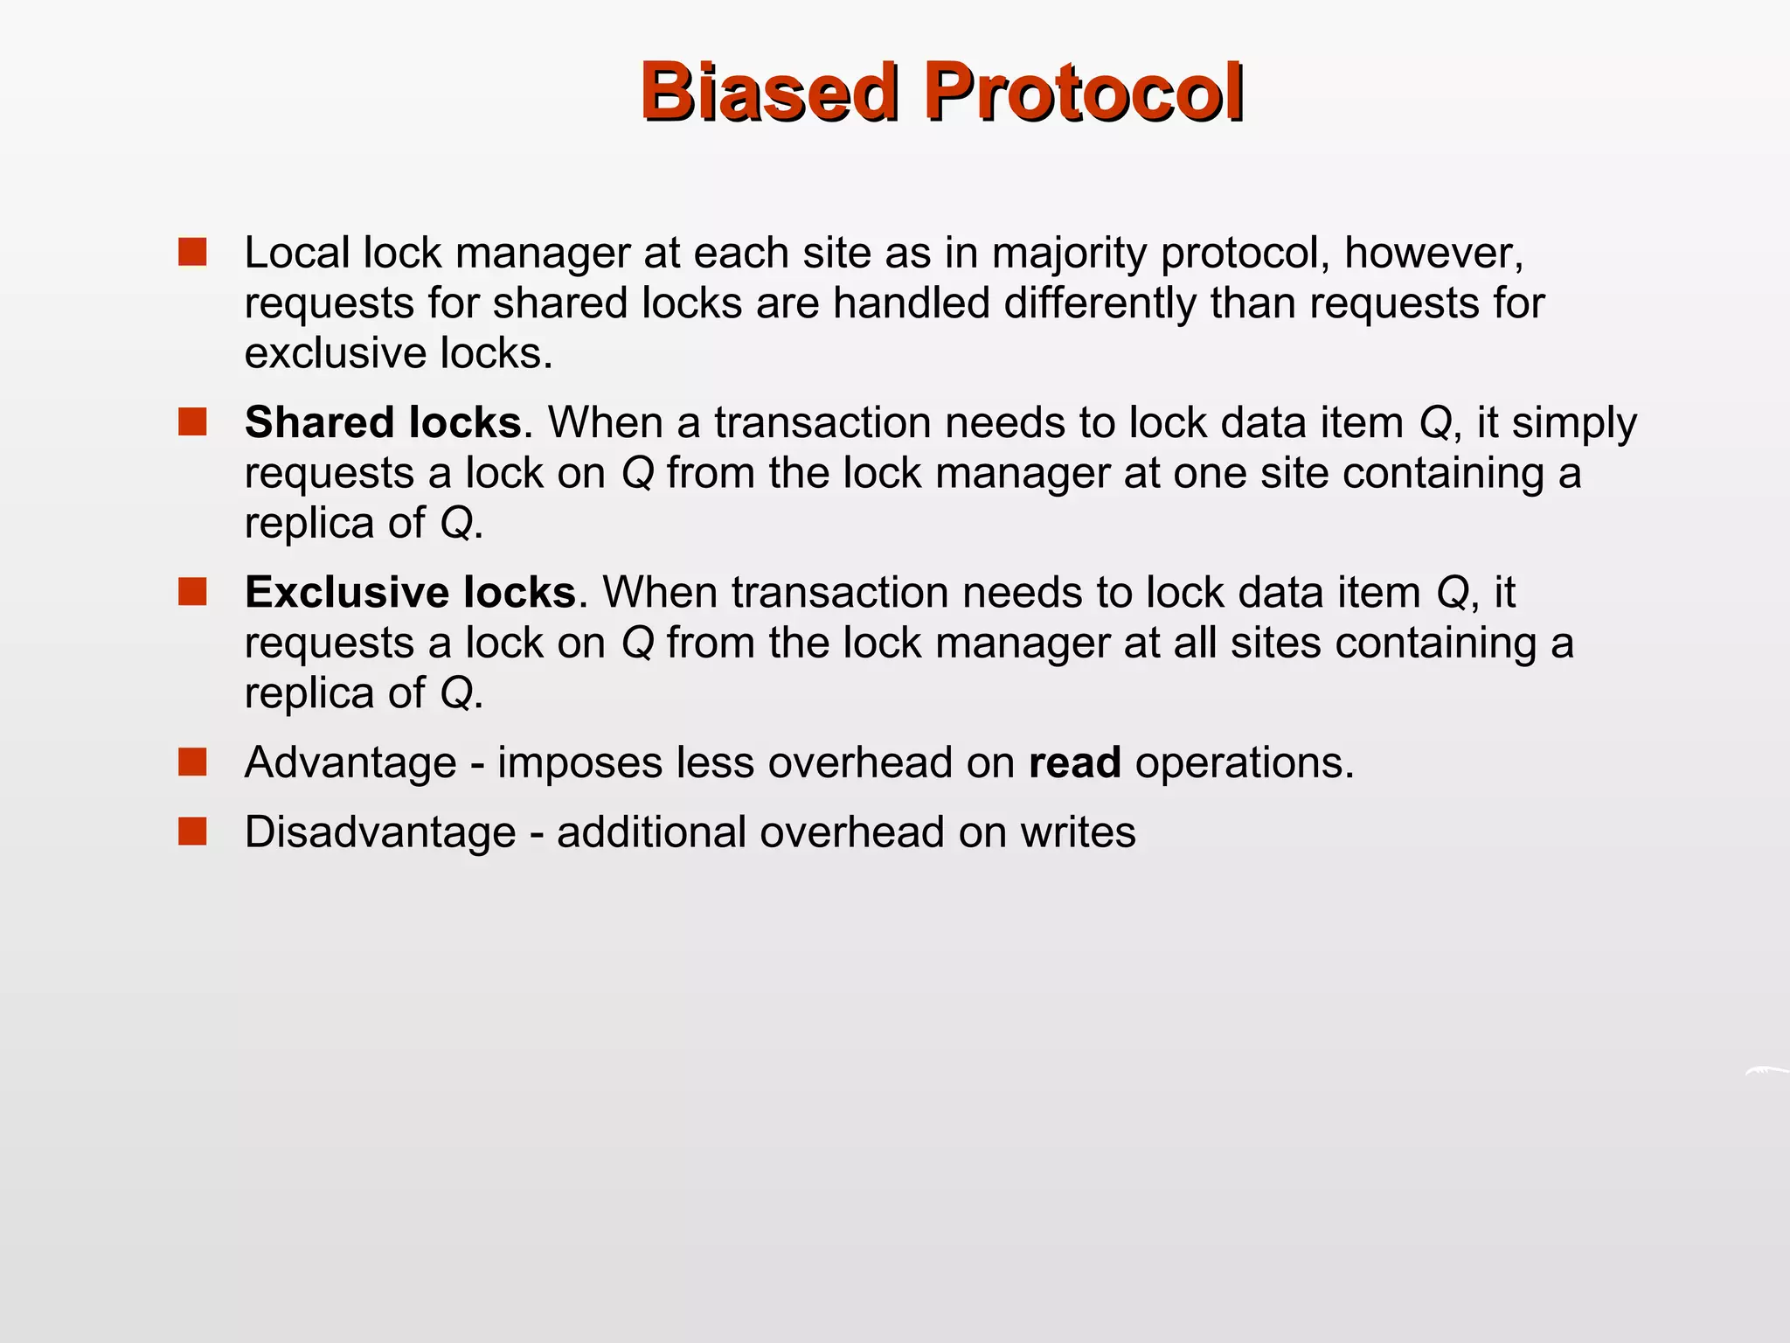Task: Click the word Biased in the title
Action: coord(769,92)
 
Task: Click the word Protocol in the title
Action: coord(1084,92)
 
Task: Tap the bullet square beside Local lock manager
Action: coord(192,252)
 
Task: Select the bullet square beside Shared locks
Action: coord(192,421)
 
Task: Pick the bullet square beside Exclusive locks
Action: coord(192,591)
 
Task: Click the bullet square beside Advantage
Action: coord(192,762)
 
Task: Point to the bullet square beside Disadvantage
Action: coord(192,831)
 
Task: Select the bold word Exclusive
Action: coord(346,592)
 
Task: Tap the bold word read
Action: coord(1074,762)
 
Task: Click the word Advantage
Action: coord(350,762)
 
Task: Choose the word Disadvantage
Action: coord(380,832)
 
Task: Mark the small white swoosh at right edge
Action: coord(1767,1071)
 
